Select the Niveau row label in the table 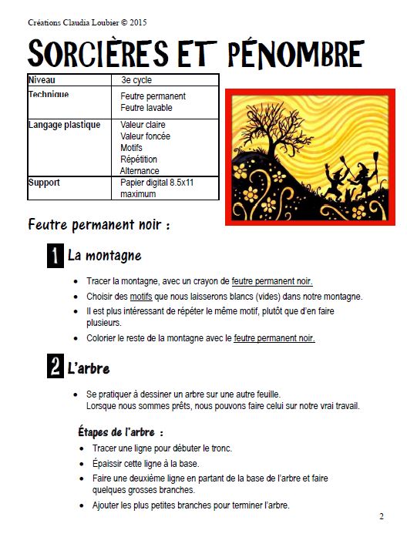[x=42, y=79]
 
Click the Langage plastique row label [x=64, y=125]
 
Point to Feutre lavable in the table [x=146, y=108]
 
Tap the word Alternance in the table [x=140, y=171]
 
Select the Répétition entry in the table [x=139, y=159]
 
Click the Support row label [x=44, y=183]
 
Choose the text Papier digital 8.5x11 [x=160, y=183]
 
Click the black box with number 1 [x=55, y=257]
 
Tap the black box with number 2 [x=55, y=367]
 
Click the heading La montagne [x=104, y=256]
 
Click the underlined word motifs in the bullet [x=141, y=297]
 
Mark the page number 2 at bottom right [x=381, y=515]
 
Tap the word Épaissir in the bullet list [x=110, y=464]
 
